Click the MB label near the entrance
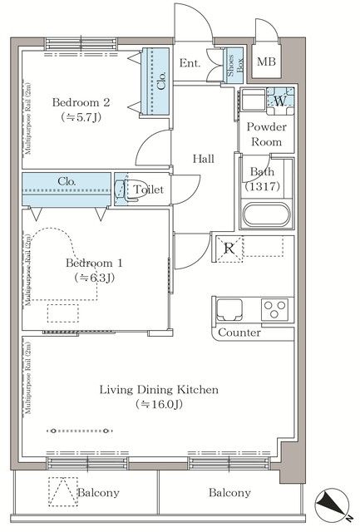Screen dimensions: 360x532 pos(266,62)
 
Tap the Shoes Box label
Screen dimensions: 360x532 pos(234,65)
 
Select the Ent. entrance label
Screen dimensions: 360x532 pos(190,63)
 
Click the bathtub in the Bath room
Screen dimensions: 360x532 pos(267,214)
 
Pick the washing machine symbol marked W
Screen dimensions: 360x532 pos(280,101)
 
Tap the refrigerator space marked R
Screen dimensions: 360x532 pos(229,249)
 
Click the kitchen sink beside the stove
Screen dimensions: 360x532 pos(229,309)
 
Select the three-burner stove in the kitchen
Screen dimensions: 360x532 pos(274,309)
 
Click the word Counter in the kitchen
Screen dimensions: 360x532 pos(239,332)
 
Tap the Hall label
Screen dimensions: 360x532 pos(204,159)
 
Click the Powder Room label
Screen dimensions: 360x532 pos(266,134)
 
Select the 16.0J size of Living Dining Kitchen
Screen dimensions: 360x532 pos(159,405)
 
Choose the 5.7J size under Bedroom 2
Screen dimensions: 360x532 pos(81,117)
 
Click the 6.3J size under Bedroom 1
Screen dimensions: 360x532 pos(94,278)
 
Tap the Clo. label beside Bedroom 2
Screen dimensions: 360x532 pos(161,81)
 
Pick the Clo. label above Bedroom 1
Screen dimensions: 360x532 pos(67,181)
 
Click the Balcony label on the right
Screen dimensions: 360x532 pos(229,492)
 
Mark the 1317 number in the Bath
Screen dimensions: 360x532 pos(262,186)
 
